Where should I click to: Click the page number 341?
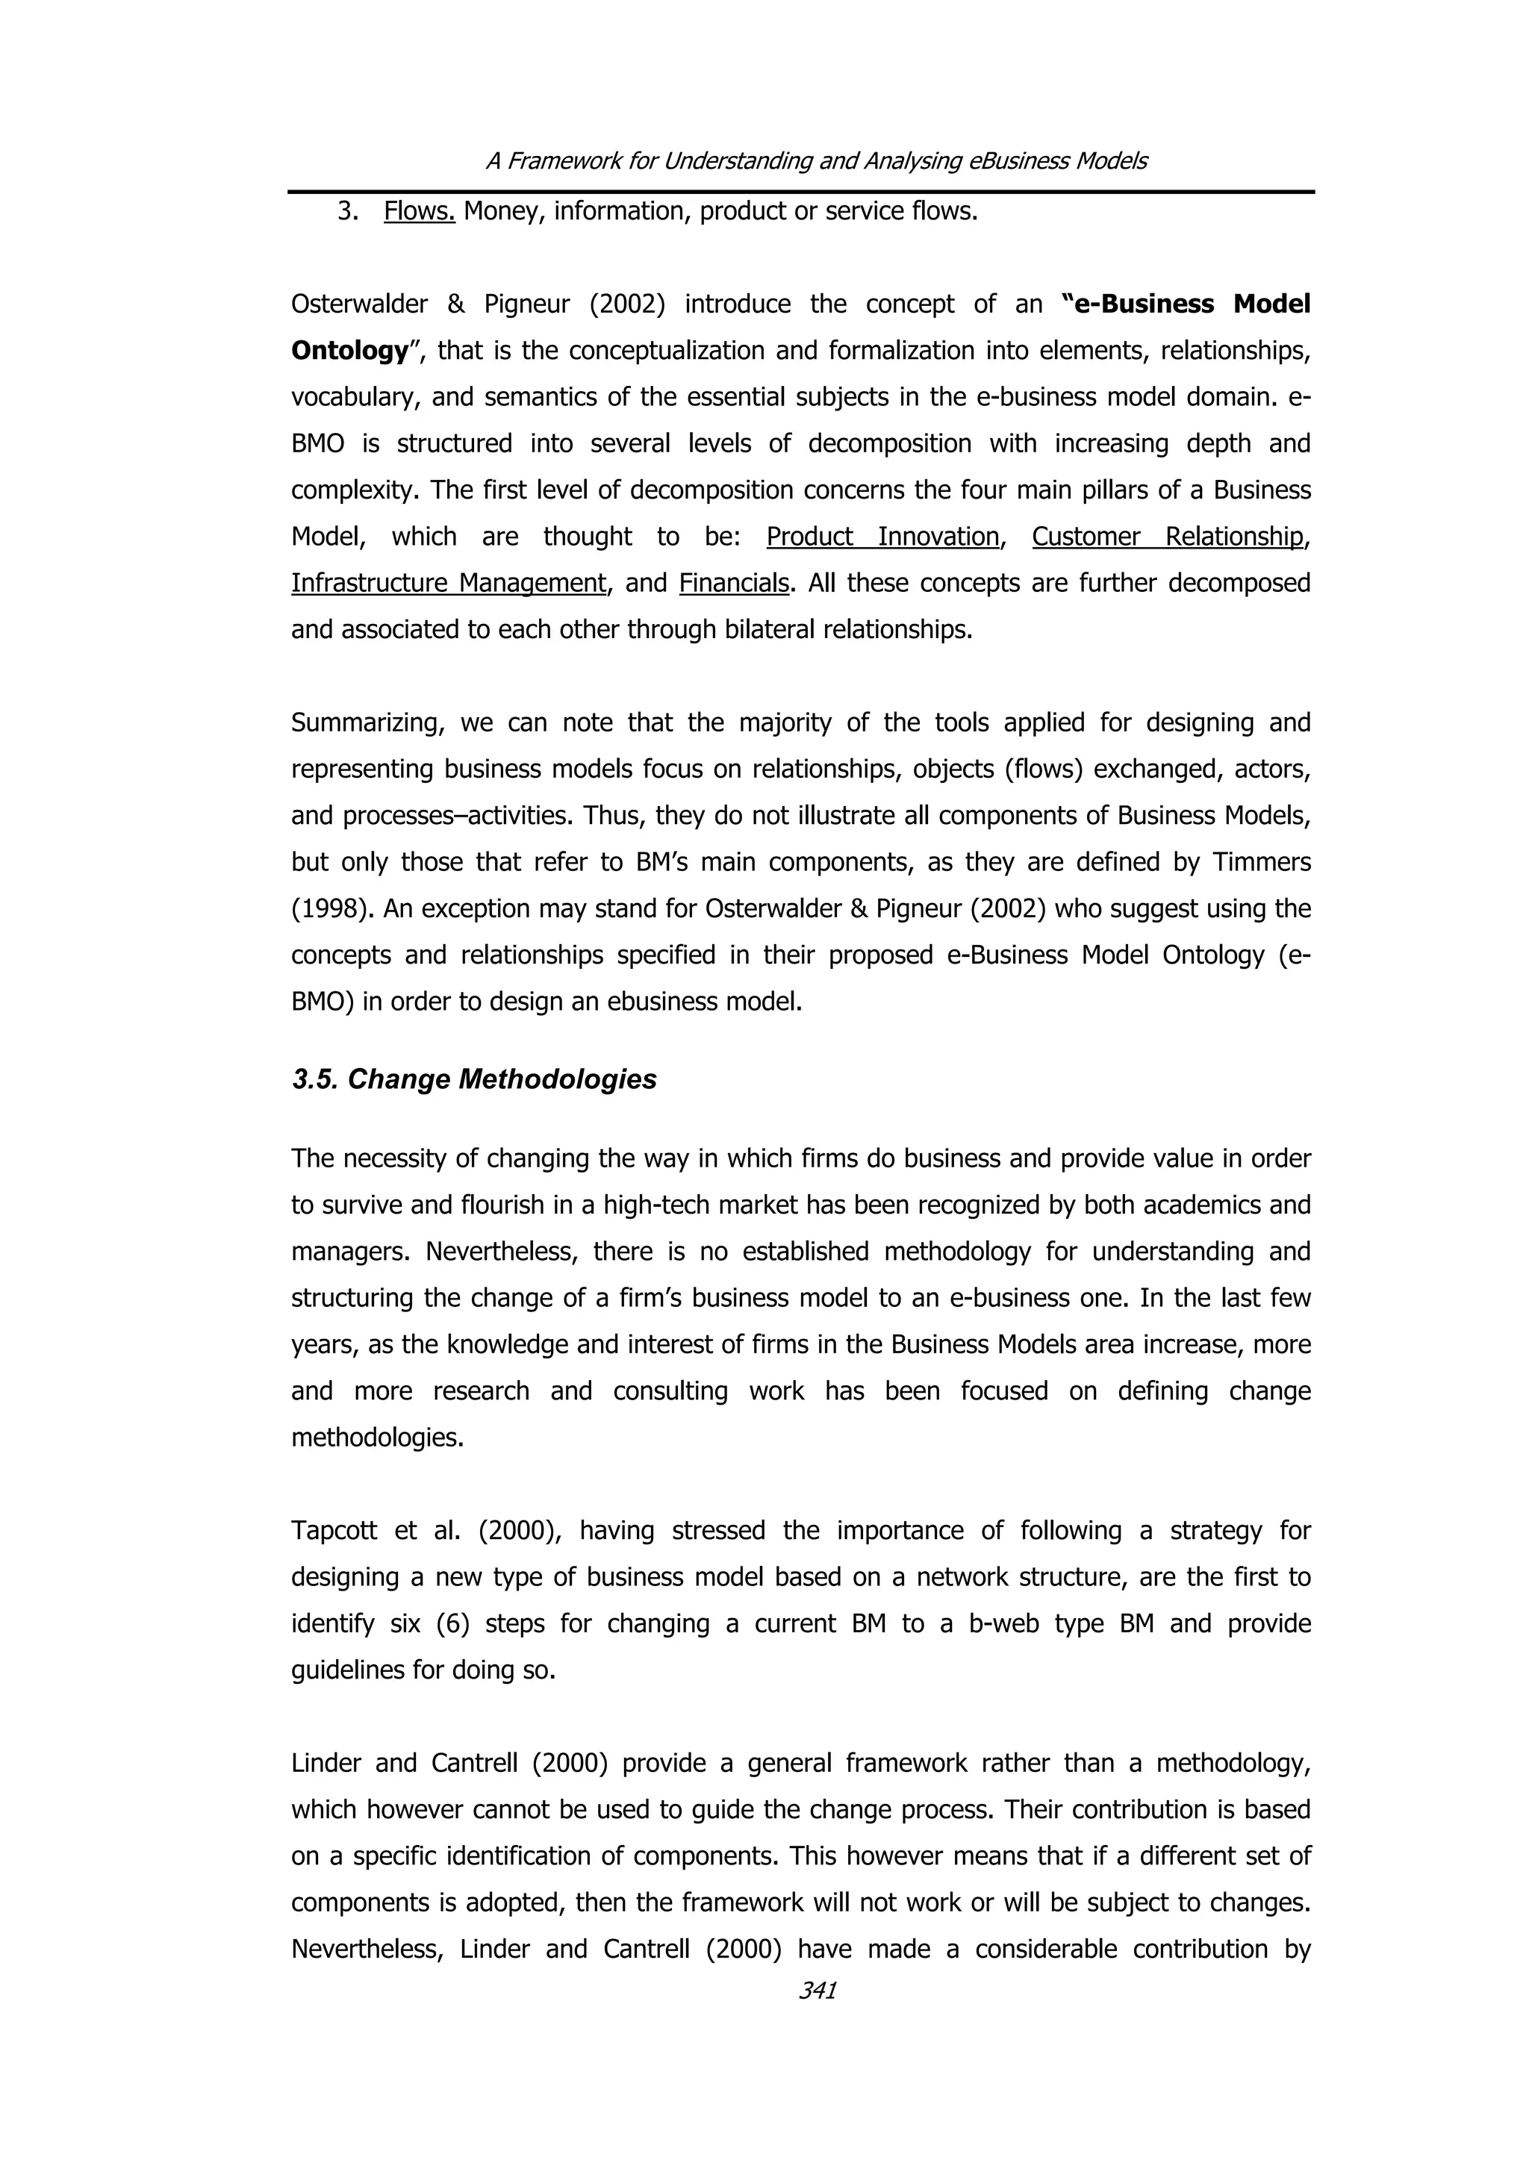817,1991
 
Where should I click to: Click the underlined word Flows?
420,211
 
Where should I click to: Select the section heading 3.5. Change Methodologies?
474,1079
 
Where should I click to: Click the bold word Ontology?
349,351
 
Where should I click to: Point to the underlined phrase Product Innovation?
882,536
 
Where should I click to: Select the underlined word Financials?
733,583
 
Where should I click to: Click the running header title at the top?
816,161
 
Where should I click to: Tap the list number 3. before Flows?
348,211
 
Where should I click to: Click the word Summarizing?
364,722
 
